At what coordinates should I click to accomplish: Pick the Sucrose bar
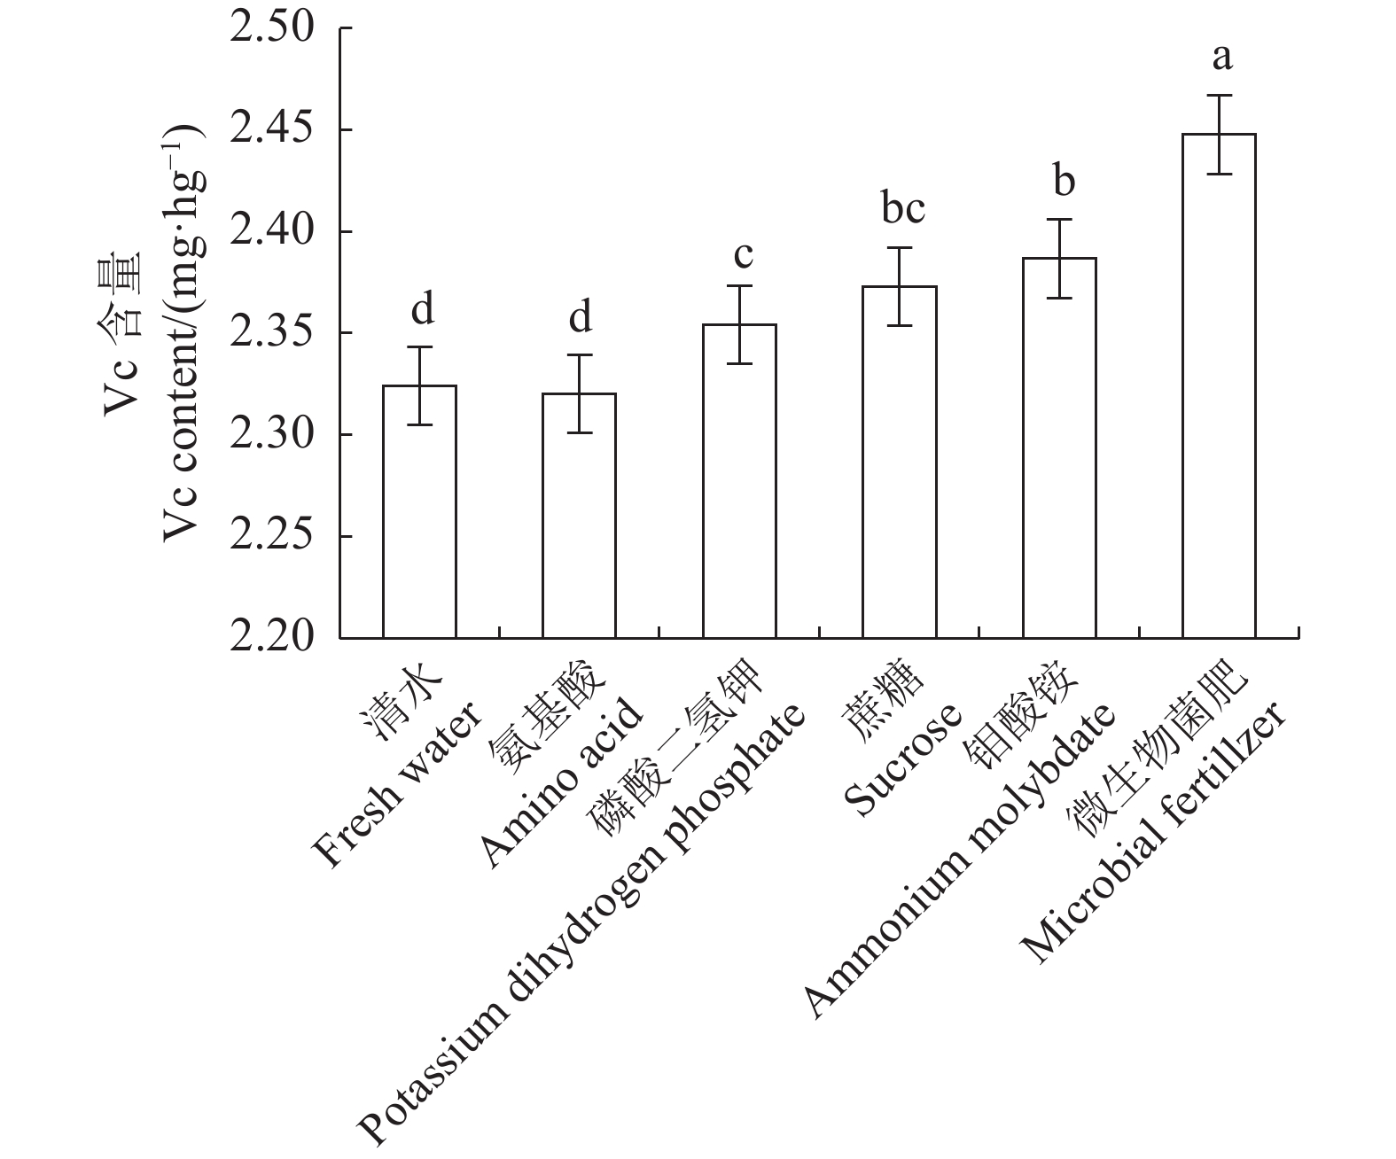click(x=900, y=462)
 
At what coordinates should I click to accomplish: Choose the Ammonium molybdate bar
click(x=1059, y=447)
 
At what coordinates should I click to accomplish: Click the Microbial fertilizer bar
click(x=1219, y=385)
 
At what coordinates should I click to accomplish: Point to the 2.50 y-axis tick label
click(x=272, y=28)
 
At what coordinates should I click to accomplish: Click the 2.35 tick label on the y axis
click(x=272, y=333)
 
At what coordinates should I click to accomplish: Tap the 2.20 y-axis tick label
click(x=272, y=638)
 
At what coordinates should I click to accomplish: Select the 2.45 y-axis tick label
click(x=272, y=130)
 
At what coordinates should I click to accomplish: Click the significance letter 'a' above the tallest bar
click(x=1221, y=59)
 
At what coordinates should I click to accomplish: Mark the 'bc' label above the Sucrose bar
click(x=902, y=209)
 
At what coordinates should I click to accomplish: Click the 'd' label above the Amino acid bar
click(x=580, y=317)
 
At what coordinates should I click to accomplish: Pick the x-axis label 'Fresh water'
click(x=399, y=787)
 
